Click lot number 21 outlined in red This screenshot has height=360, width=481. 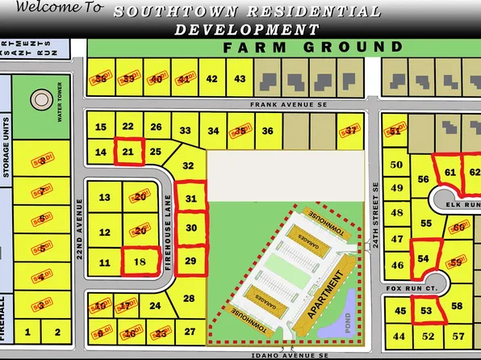tap(128, 150)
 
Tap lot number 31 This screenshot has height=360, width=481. tap(191, 198)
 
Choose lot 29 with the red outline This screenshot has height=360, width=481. tap(190, 261)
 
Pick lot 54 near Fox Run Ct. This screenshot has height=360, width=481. tap(423, 257)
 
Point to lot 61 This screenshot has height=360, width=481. tap(450, 172)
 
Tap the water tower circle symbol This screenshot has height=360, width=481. tap(39, 102)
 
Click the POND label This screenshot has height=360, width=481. tap(348, 320)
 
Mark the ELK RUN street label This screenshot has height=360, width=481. tap(462, 205)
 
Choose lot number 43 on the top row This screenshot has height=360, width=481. tap(240, 78)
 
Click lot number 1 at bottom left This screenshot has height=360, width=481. tap(29, 331)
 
